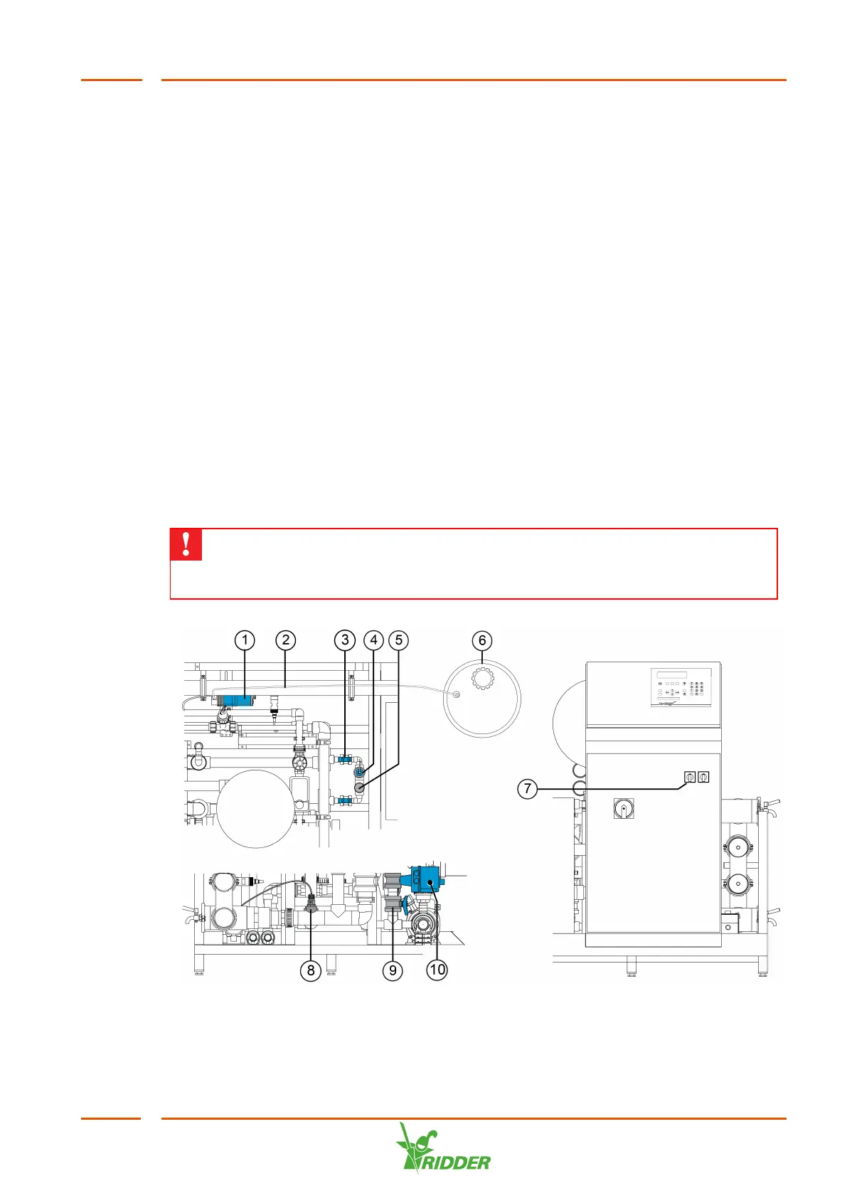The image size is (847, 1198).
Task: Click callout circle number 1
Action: point(245,640)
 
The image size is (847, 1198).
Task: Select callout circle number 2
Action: point(286,640)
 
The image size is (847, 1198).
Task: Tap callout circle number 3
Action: point(345,640)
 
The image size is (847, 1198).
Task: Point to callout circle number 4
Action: point(373,640)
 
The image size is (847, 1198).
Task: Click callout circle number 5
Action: point(399,640)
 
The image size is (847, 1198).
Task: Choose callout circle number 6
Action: point(482,640)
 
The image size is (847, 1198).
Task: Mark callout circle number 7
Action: point(527,788)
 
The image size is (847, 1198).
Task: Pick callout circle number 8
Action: point(311,970)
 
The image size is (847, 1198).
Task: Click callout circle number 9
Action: point(393,970)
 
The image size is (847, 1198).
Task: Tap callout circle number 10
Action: point(437,970)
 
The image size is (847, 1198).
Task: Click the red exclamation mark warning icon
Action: point(186,544)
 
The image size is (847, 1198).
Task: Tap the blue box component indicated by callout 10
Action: point(429,883)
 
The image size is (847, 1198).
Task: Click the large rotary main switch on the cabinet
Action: point(624,808)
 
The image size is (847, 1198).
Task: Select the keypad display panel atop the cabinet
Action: point(681,686)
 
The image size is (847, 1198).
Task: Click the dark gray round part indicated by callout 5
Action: point(360,787)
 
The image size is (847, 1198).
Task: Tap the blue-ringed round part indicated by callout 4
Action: point(360,773)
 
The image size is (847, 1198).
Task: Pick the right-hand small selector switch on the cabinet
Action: point(703,778)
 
